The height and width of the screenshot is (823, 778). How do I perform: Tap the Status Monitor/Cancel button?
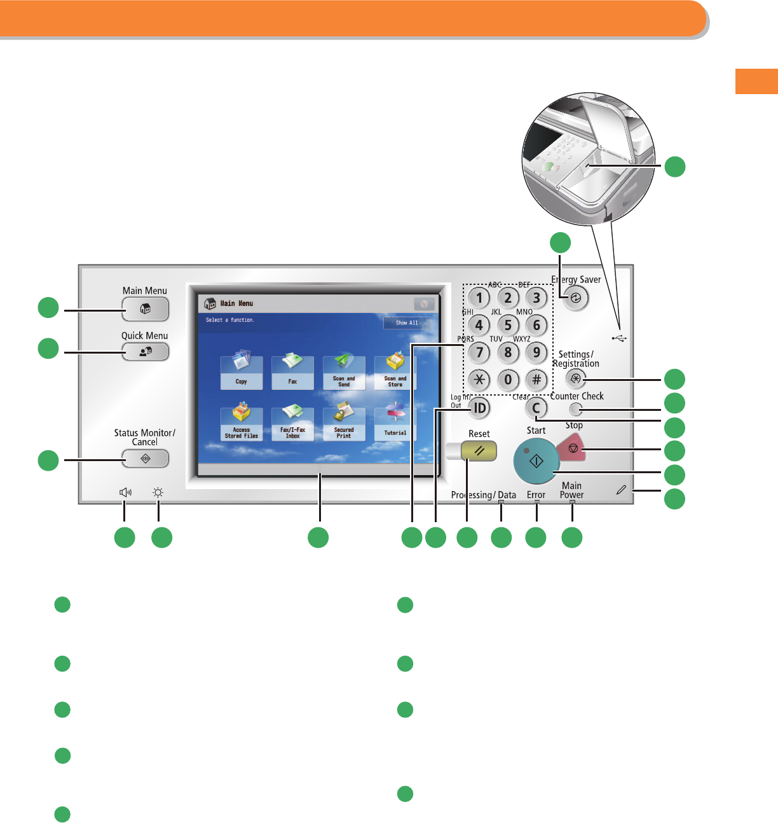point(145,459)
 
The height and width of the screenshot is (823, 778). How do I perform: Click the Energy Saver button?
point(575,298)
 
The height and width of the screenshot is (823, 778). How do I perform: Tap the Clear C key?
point(536,408)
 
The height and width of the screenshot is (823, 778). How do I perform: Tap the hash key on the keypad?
point(536,380)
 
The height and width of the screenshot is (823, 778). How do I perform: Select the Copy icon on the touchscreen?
point(241,372)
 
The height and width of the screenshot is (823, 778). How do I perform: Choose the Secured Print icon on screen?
point(344,423)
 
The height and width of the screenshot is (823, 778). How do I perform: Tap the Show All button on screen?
point(407,322)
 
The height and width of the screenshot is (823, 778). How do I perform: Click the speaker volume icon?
point(125,492)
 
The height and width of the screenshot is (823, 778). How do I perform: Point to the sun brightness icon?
point(158,492)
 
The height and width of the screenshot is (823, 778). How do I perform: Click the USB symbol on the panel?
point(619,338)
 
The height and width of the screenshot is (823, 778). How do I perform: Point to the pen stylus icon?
point(621,490)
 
